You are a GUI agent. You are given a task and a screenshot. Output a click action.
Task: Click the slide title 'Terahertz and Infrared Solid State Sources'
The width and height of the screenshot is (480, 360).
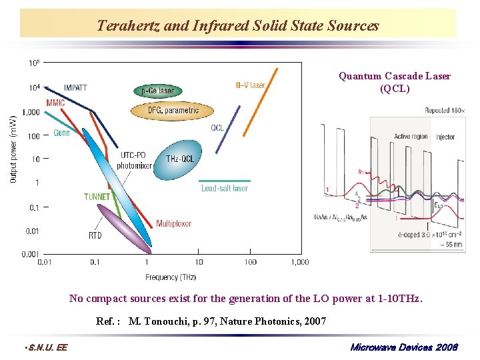coord(238,26)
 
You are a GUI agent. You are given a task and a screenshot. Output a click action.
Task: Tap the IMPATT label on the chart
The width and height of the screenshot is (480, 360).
coord(75,87)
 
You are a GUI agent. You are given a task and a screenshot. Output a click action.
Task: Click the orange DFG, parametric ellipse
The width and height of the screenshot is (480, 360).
coord(173,110)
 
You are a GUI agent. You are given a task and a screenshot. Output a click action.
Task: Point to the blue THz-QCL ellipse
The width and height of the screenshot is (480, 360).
coord(177,159)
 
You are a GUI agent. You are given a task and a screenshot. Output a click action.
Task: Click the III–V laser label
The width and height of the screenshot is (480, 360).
coord(250,85)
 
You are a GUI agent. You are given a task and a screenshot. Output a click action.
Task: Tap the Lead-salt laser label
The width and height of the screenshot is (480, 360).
coord(225,189)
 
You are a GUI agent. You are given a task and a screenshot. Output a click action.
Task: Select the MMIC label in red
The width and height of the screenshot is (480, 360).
coord(56,103)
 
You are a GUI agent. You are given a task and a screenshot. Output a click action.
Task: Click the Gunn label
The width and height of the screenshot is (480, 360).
coord(61,133)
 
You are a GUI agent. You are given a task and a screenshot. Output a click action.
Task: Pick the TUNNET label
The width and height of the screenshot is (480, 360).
coord(97,197)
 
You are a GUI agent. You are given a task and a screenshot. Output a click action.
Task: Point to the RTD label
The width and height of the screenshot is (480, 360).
coord(95,235)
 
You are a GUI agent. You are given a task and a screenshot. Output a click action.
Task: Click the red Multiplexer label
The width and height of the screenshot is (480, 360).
coord(173,223)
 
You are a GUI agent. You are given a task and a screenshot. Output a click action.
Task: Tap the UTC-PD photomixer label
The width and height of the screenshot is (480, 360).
coord(135,161)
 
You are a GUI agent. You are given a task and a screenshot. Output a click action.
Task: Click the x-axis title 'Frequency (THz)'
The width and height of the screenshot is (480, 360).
coord(171,277)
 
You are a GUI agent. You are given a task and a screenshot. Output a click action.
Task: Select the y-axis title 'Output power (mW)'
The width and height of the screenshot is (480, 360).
coord(13,150)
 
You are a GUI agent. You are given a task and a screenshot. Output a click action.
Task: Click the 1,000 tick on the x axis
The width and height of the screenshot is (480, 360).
coord(299,263)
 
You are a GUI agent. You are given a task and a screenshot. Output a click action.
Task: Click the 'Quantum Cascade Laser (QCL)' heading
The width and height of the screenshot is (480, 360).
coord(395,82)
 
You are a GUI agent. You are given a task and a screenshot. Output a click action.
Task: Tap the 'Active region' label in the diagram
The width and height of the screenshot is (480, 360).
coord(411,137)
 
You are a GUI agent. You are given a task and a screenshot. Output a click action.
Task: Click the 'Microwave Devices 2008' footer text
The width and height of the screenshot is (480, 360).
coord(403,347)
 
